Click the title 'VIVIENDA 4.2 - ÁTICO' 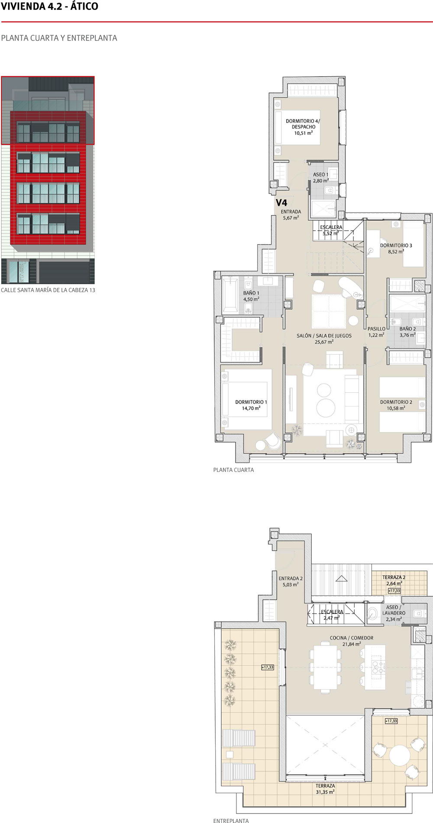click(x=50, y=6)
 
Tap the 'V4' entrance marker click(x=281, y=203)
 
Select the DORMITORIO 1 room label click(x=251, y=402)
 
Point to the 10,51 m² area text click(x=304, y=133)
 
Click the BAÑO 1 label click(x=251, y=293)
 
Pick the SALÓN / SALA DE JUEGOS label click(x=324, y=336)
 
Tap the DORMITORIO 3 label click(x=396, y=245)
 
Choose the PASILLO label click(x=376, y=329)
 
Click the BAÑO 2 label click(x=407, y=329)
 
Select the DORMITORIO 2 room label click(x=396, y=402)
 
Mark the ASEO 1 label click(x=321, y=174)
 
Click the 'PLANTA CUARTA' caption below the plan click(x=233, y=470)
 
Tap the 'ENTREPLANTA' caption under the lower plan click(x=231, y=820)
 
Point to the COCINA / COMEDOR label click(x=352, y=638)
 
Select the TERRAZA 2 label click(x=394, y=578)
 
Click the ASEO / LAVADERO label click(x=394, y=610)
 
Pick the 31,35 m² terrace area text click(x=325, y=792)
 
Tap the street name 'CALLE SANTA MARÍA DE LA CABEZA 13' click(x=48, y=290)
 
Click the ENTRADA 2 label click(x=291, y=578)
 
